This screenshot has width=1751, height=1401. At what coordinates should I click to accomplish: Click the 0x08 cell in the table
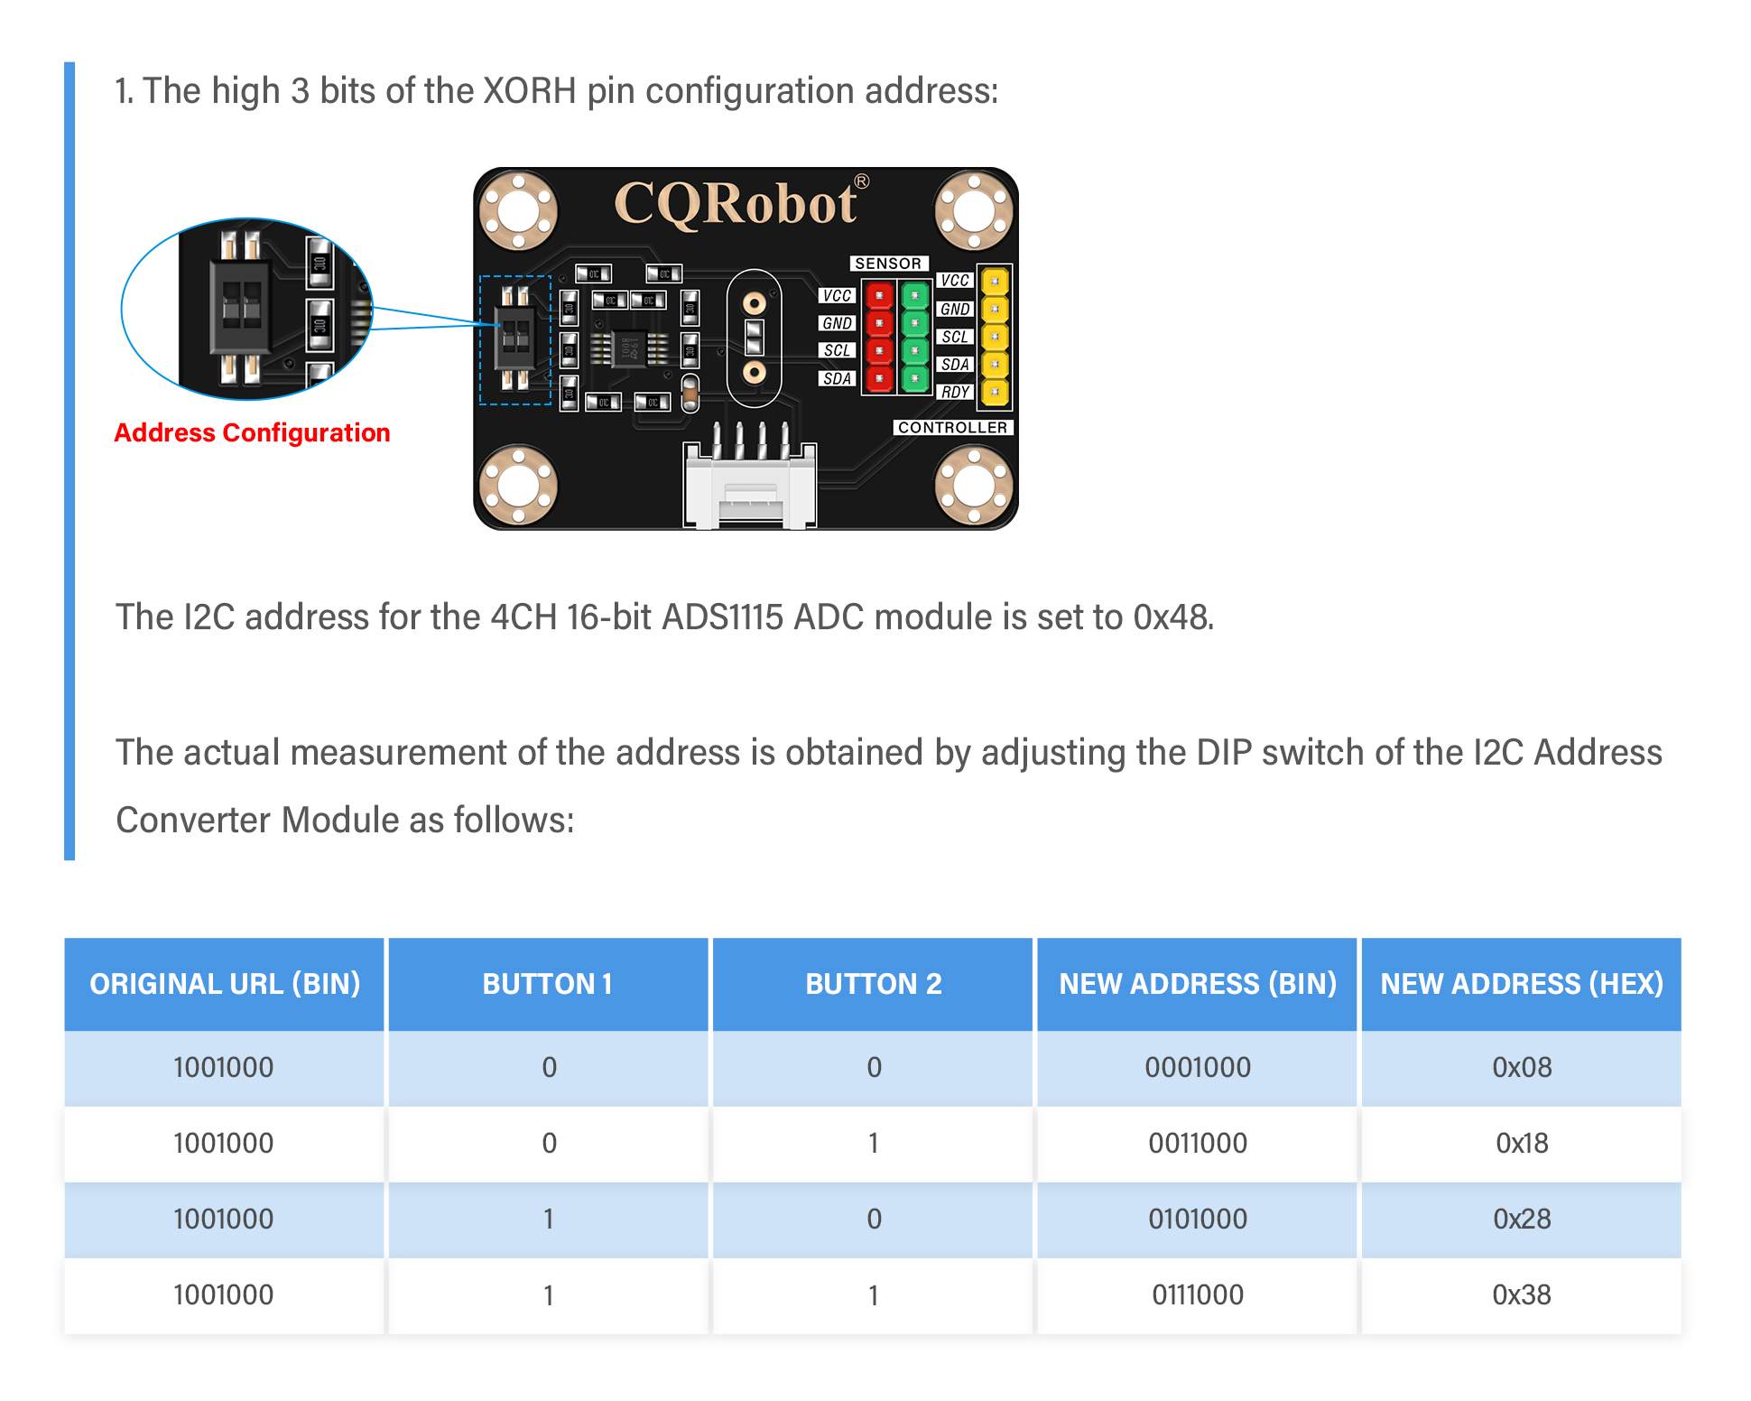coord(1521,1067)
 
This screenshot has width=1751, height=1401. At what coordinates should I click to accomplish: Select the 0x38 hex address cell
coord(1521,1294)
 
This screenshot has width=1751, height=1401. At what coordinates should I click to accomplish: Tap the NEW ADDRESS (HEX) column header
coord(1521,983)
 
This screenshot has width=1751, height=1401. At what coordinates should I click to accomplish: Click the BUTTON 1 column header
coord(548,983)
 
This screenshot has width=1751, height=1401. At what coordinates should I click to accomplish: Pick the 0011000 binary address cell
coord(1197,1143)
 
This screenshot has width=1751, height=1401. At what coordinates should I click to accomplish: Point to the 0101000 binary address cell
coord(1197,1219)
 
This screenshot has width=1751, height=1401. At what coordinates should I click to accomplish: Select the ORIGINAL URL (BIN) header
coord(225,983)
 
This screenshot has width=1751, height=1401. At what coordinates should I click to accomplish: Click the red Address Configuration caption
coord(252,433)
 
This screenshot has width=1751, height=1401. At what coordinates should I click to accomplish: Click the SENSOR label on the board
coord(888,264)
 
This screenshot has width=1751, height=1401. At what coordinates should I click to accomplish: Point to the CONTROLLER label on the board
coord(952,427)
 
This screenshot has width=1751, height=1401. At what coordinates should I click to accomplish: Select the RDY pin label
coord(955,392)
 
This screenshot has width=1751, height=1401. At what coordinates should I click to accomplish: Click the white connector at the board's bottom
coord(750,487)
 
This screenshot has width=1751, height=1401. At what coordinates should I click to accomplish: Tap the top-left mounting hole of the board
coord(518,211)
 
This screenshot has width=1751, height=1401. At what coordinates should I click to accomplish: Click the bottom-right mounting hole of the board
coord(974,486)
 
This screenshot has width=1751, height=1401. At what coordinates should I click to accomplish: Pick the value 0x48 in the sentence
coord(1172,617)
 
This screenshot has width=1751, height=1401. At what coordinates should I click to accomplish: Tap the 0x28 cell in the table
coord(1521,1219)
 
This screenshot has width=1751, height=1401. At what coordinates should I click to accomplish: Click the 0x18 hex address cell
coord(1521,1143)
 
